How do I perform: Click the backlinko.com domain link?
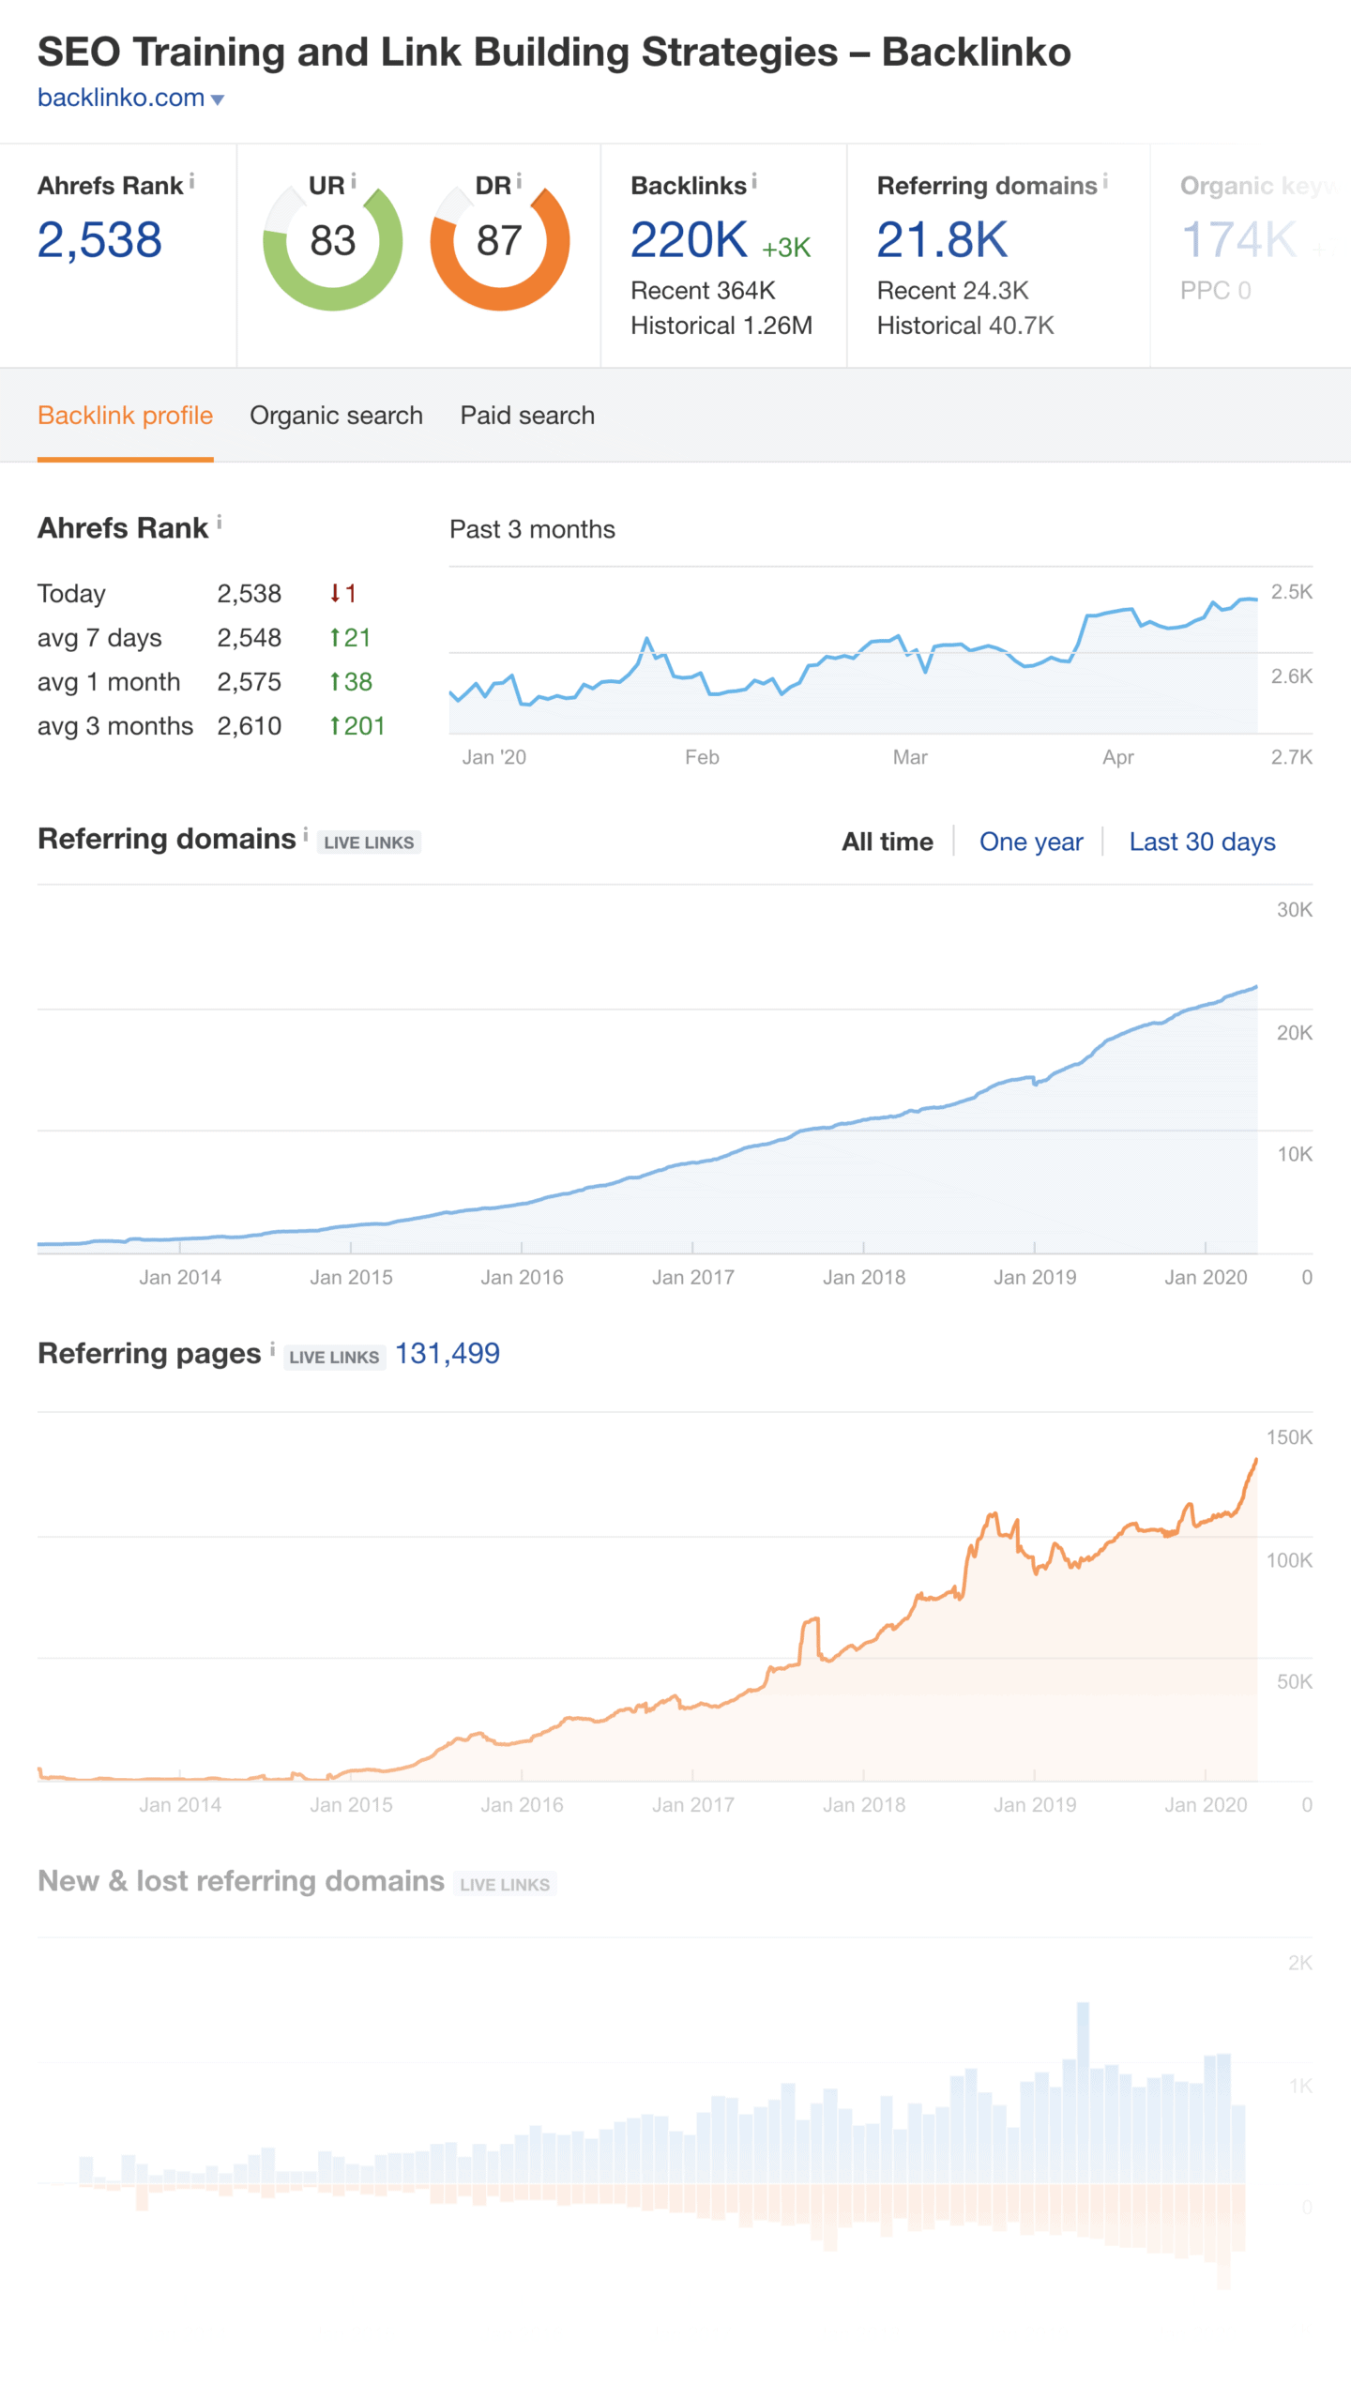(121, 98)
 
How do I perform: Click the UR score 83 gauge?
(333, 241)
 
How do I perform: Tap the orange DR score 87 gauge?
(499, 241)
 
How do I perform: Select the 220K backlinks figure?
(689, 240)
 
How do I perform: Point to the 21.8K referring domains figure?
(942, 240)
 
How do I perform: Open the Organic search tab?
(336, 416)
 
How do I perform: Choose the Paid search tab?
(527, 416)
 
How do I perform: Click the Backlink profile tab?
(125, 416)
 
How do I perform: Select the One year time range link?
(1031, 842)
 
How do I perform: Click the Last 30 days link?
(1202, 842)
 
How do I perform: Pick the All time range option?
(888, 842)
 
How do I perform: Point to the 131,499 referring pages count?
(448, 1353)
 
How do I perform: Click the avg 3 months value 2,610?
(250, 726)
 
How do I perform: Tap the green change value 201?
(357, 726)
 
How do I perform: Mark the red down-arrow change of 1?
(343, 594)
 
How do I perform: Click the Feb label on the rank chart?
(702, 757)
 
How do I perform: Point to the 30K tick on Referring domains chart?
(1295, 909)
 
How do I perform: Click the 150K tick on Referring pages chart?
(1289, 1436)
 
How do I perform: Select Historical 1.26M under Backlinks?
(721, 326)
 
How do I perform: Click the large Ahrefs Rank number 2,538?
(99, 240)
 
